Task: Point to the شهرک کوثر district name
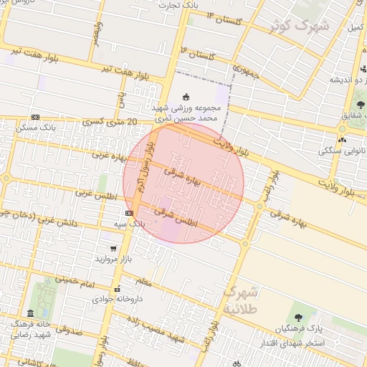[x=300, y=27]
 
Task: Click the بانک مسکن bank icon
[x=35, y=118]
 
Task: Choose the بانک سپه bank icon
[x=128, y=213]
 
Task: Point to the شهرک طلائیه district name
[x=237, y=300]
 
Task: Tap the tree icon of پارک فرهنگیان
[x=298, y=318]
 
